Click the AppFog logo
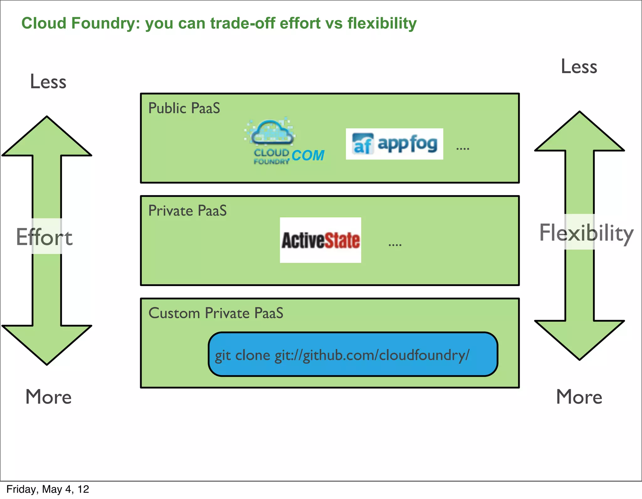click(x=394, y=144)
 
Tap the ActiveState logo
click(x=320, y=240)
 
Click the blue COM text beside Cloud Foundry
click(x=308, y=156)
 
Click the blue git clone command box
click(x=353, y=354)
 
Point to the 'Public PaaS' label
click(x=184, y=108)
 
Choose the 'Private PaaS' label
click(x=187, y=211)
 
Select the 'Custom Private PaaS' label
click(x=216, y=313)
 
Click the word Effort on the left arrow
click(x=44, y=237)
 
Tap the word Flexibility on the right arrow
click(x=586, y=233)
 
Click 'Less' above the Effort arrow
click(x=48, y=82)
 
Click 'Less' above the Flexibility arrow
click(x=579, y=67)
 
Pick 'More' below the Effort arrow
click(x=48, y=397)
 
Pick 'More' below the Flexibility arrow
click(x=579, y=397)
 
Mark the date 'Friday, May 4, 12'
click(x=48, y=489)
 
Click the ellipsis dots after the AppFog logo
click(x=462, y=148)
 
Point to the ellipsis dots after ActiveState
click(x=395, y=245)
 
